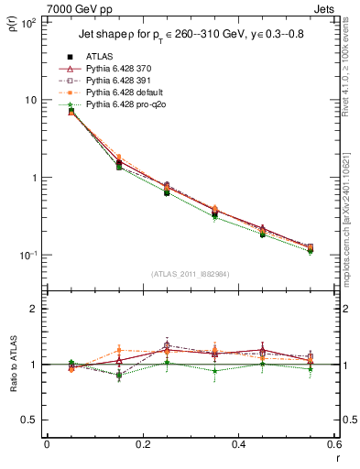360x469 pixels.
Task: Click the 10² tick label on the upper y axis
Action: (x=28, y=22)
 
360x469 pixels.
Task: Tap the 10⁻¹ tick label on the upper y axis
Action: (x=28, y=255)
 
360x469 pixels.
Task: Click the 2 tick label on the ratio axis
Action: (x=34, y=309)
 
